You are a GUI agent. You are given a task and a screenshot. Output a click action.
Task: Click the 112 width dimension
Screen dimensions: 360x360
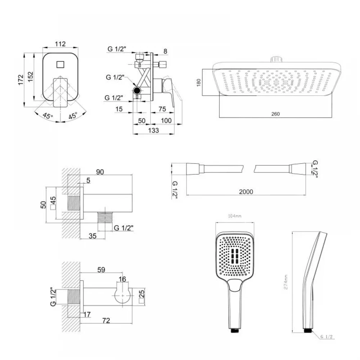point(60,44)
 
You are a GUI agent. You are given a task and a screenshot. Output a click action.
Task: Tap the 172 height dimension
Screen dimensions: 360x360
point(21,80)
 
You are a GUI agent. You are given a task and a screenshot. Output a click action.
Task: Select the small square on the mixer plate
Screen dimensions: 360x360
point(60,64)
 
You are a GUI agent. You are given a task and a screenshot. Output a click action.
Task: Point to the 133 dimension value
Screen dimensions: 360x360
point(153,130)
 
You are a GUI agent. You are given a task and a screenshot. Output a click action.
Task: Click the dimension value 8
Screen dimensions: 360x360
point(165,51)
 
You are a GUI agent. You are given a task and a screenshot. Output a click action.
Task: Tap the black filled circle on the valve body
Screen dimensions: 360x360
point(137,90)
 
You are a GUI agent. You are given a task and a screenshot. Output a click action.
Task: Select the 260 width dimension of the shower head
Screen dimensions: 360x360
point(275,114)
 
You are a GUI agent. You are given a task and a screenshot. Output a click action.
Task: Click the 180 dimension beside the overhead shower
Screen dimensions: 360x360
point(199,82)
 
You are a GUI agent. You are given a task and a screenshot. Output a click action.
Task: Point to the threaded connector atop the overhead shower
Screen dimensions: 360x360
point(276,59)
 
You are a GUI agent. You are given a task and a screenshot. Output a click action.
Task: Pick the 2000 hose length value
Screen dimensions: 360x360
point(246,192)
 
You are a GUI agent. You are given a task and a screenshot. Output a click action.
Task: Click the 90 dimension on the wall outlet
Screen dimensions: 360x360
point(100,172)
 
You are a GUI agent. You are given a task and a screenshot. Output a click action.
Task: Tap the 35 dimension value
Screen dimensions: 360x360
point(93,236)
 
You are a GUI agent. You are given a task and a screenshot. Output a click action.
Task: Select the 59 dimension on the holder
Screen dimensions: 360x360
point(101,270)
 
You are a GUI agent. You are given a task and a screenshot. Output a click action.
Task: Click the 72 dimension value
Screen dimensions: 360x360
point(106,320)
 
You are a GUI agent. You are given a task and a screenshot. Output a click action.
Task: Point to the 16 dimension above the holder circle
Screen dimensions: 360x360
point(122,279)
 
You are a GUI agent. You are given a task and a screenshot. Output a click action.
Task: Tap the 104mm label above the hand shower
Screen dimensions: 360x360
point(235,216)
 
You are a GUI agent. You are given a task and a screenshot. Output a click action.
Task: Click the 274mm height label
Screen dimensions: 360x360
point(286,282)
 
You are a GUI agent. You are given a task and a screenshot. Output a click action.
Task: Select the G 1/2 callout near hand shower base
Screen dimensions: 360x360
point(327,337)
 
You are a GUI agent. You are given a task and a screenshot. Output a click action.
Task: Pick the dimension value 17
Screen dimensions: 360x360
point(87,314)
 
